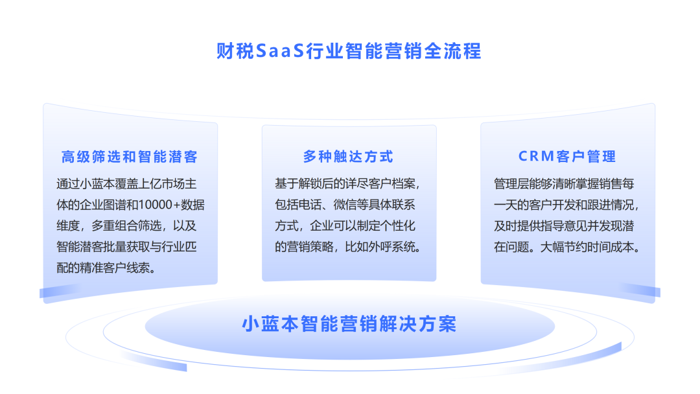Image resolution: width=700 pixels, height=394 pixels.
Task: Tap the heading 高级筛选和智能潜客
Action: pos(130,156)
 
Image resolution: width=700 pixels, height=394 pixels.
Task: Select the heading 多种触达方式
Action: pos(348,156)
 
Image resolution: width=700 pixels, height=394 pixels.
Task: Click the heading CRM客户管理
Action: pos(567,156)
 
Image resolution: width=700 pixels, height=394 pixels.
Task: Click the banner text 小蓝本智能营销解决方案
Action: pos(349,323)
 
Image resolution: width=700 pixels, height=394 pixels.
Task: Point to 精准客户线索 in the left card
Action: pos(112,268)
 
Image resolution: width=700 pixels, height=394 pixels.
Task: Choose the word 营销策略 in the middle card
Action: pos(312,247)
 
